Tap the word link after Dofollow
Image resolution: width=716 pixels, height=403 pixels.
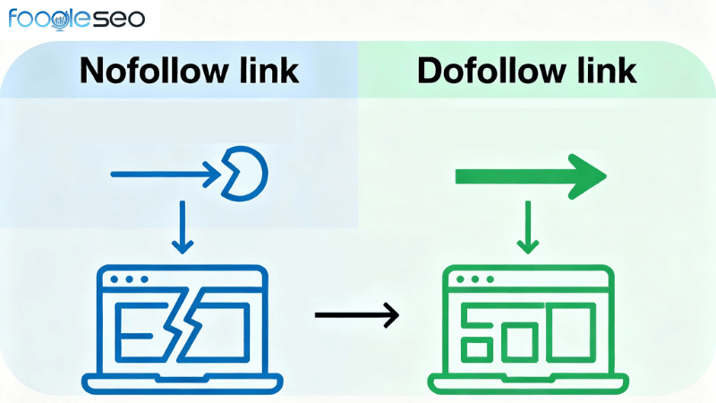[x=605, y=71]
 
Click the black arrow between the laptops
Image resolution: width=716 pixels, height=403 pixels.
[x=356, y=314]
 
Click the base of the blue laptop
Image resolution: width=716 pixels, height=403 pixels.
[x=183, y=382]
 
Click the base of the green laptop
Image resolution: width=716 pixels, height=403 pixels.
[x=528, y=382]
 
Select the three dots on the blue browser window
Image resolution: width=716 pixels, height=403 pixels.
[x=131, y=279]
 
